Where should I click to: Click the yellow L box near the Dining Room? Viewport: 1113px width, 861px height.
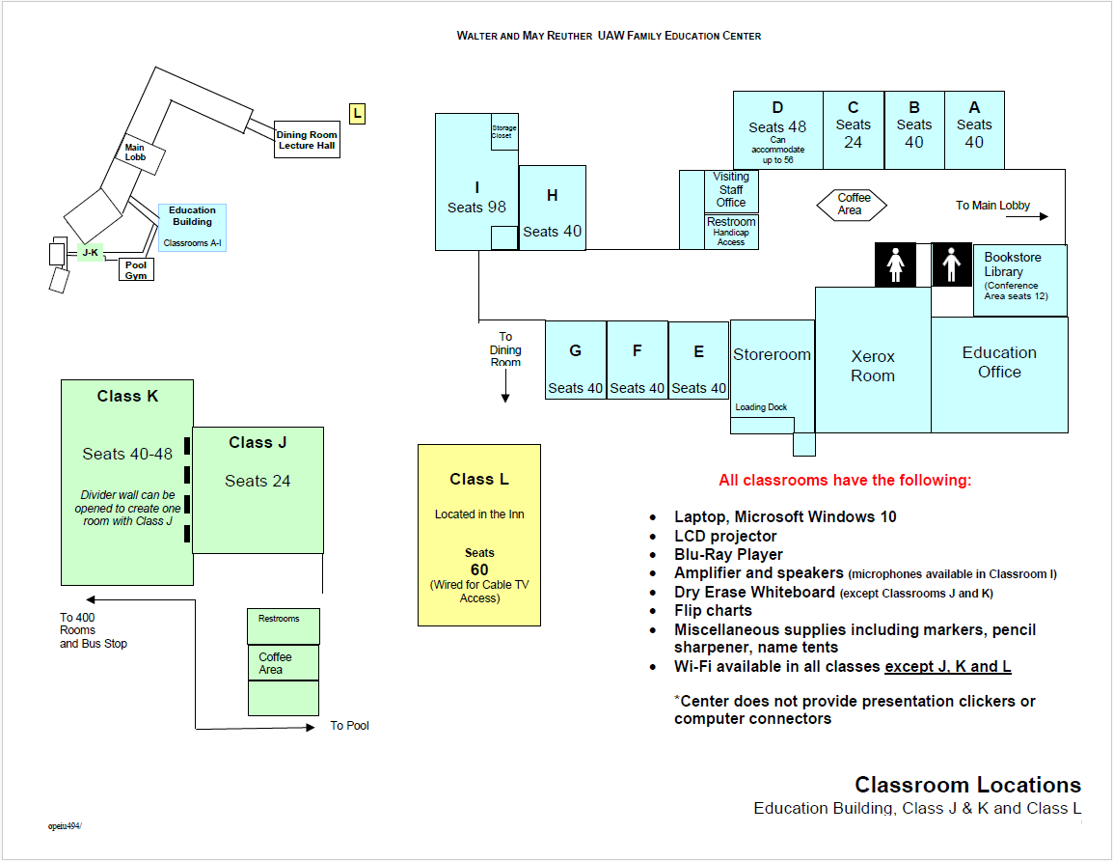357,114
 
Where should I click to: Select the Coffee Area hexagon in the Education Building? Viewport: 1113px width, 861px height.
851,204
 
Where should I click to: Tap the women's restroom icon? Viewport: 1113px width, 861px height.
896,264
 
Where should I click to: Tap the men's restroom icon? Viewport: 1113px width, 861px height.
952,264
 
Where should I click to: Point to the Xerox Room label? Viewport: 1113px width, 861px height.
873,366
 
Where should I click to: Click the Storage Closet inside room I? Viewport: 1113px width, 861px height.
502,131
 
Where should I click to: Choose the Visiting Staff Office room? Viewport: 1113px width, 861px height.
731,190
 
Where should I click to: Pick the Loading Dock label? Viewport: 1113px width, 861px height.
761,407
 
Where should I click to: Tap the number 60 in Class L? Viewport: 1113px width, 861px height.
479,569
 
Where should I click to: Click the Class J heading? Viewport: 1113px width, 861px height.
258,443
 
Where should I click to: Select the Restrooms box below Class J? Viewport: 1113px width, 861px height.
283,625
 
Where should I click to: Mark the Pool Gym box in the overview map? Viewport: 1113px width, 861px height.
137,269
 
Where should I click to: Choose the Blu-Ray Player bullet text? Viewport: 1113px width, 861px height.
728,555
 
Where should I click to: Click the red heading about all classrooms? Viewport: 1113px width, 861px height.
845,481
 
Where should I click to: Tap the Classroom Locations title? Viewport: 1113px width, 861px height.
967,785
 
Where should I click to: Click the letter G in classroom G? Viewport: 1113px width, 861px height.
575,350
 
